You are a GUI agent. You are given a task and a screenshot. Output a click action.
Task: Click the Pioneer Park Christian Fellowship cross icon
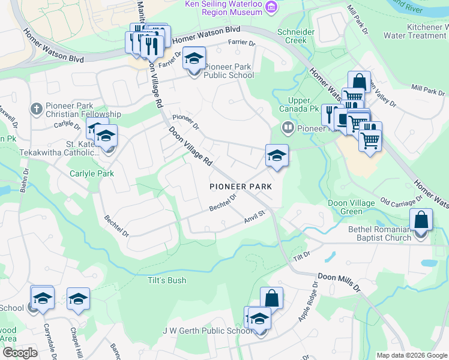pos(36,109)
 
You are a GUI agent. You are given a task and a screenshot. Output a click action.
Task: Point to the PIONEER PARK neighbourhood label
pos(241,187)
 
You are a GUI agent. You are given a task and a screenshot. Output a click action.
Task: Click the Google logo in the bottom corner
pos(19,353)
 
